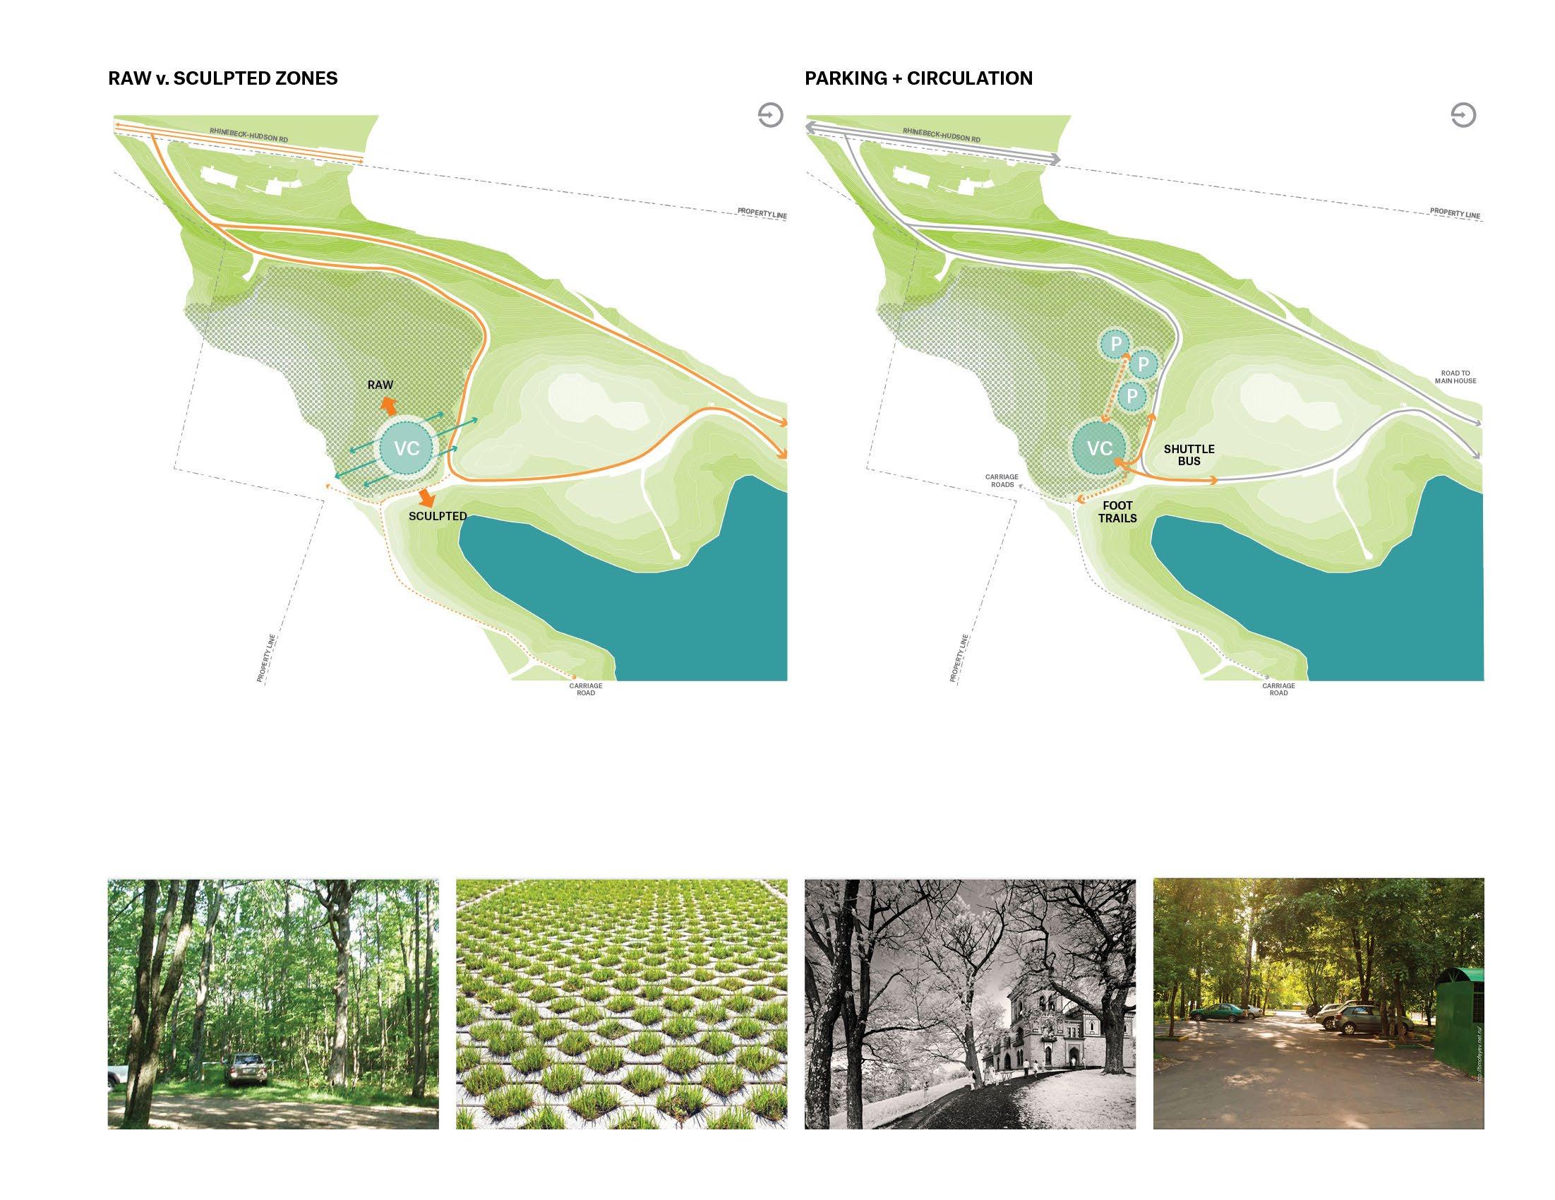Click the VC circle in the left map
[407, 448]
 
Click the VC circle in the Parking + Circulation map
[1099, 448]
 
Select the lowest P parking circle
[1132, 396]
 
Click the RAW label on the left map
[380, 385]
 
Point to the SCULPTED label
[437, 516]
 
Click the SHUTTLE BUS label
[1189, 455]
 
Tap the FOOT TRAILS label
[1117, 512]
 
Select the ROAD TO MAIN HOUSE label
[1455, 377]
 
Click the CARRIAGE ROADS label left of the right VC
[1001, 481]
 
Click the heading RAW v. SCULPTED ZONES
[223, 78]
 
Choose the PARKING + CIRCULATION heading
[918, 78]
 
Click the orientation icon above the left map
[770, 115]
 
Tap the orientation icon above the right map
[1463, 115]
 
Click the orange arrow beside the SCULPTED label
[426, 497]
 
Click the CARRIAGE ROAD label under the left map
[585, 690]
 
